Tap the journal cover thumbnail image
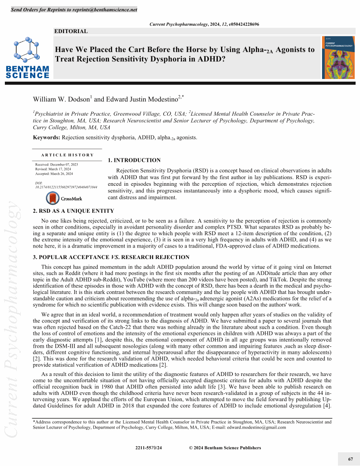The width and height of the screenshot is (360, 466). pyautogui.click(x=338, y=57)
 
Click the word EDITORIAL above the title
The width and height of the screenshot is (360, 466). pyautogui.click(x=71, y=31)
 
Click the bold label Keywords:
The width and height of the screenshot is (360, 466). pyautogui.click(x=47, y=137)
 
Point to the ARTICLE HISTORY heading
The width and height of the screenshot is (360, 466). pyautogui.click(x=67, y=155)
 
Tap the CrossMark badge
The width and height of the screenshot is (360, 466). pyautogui.click(x=61, y=199)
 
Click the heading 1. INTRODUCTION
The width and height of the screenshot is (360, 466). pyautogui.click(x=134, y=160)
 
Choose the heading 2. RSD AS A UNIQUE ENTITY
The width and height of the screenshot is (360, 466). pyautogui.click(x=74, y=211)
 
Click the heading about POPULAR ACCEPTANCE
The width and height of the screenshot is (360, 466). pyautogui.click(x=112, y=257)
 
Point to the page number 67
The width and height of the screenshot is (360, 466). pyautogui.click(x=351, y=459)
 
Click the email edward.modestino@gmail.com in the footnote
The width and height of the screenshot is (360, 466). pyautogui.click(x=256, y=427)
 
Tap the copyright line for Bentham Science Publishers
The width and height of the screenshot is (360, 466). pyautogui.click(x=225, y=448)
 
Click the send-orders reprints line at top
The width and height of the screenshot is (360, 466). pyautogui.click(x=74, y=10)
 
